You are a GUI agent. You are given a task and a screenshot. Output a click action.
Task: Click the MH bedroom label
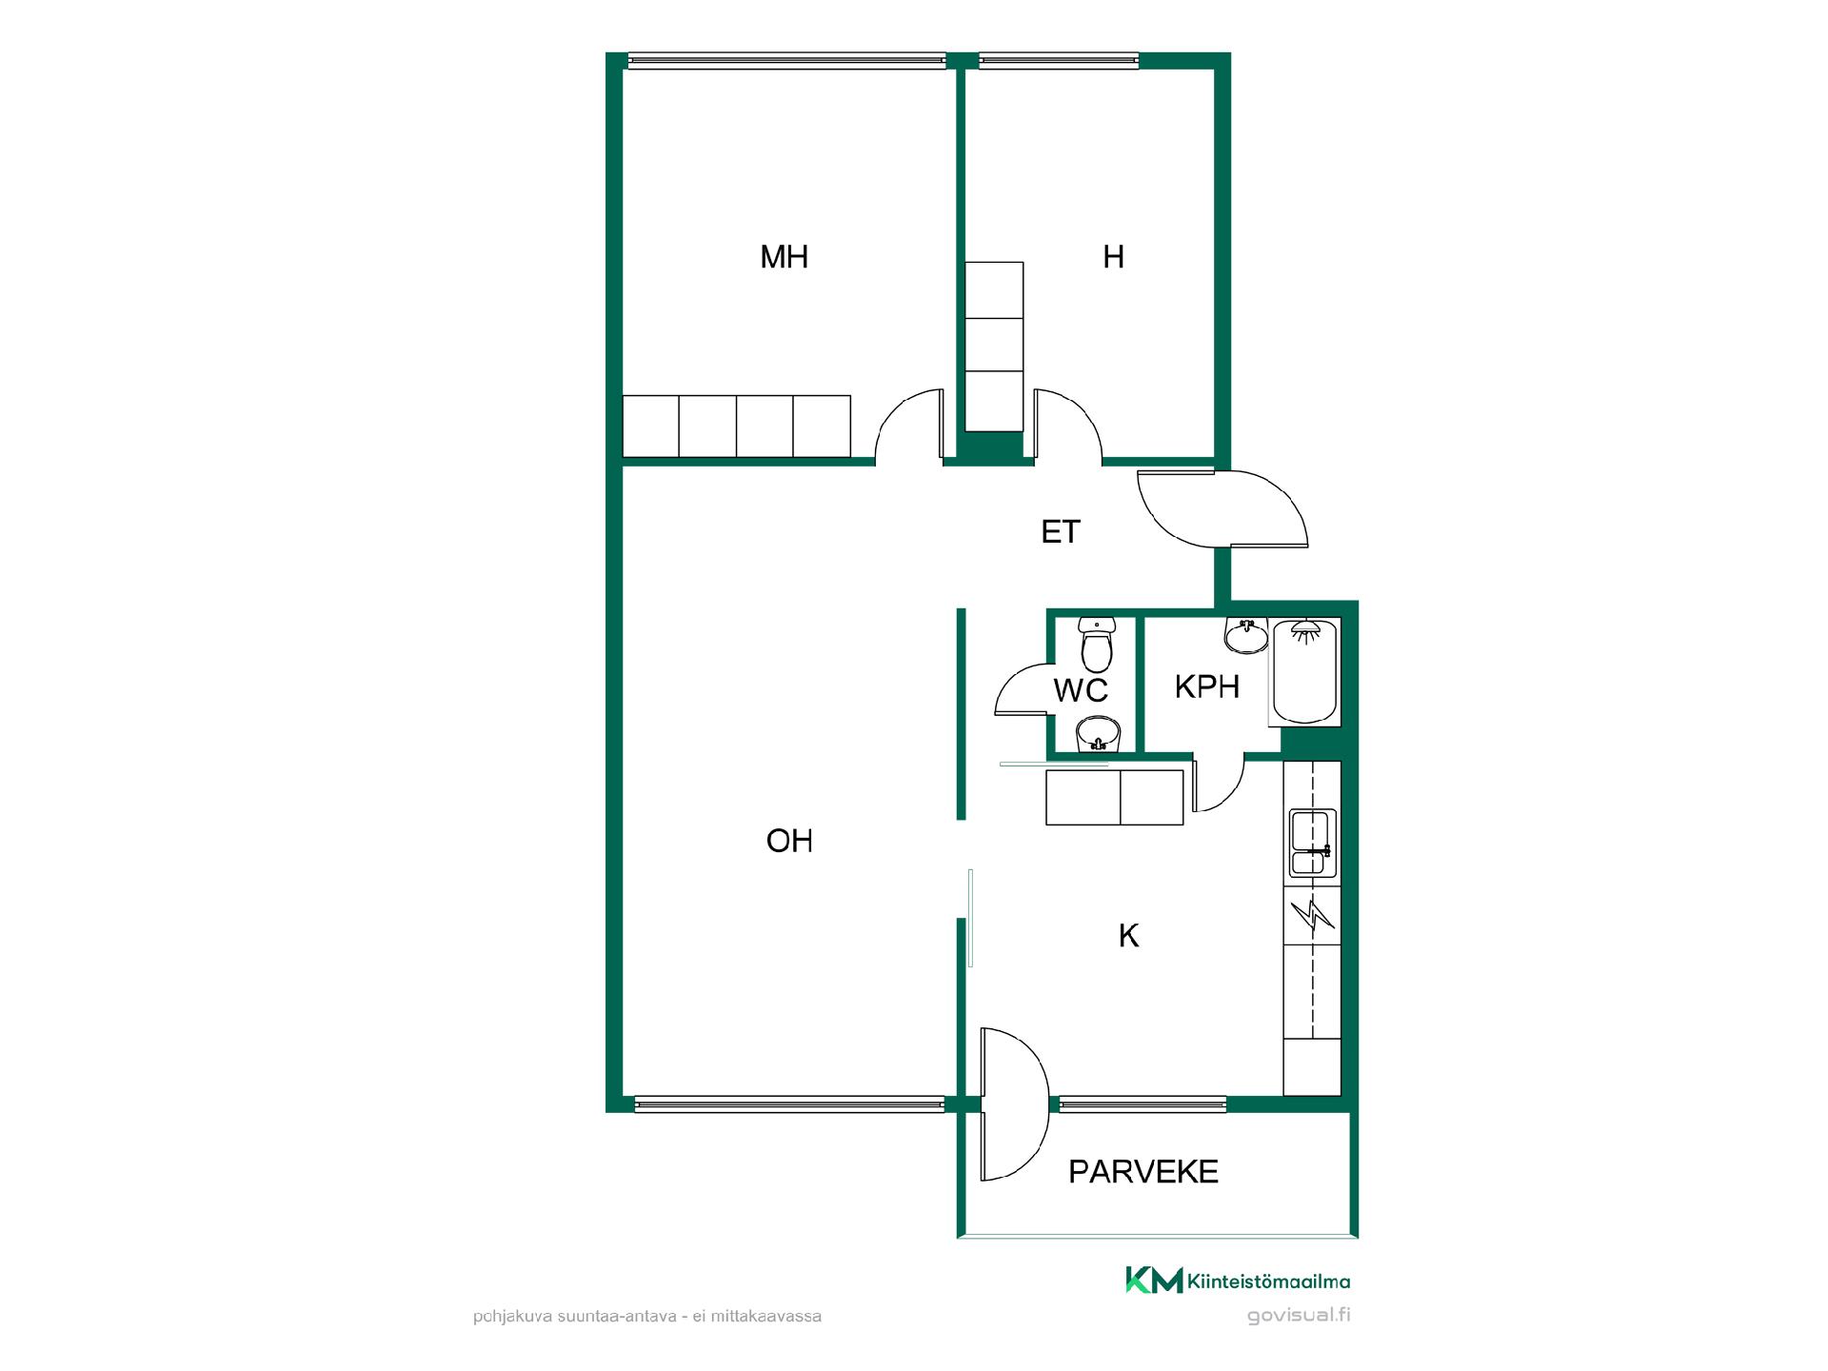pyautogui.click(x=784, y=257)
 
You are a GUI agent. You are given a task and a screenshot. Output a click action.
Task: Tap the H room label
pyautogui.click(x=1113, y=257)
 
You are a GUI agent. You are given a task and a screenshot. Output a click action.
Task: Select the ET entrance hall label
pyautogui.click(x=1061, y=531)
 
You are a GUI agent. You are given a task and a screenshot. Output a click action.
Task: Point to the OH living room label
pyautogui.click(x=789, y=841)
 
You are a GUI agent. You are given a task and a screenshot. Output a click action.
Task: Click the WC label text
pyautogui.click(x=1081, y=690)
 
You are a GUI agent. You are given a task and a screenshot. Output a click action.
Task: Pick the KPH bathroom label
pyautogui.click(x=1207, y=686)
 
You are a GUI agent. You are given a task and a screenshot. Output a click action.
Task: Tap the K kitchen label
pyautogui.click(x=1128, y=936)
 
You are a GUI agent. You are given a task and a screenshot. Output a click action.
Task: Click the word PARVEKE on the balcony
pyautogui.click(x=1143, y=1171)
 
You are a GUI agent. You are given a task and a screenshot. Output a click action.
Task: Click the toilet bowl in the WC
pyautogui.click(x=1097, y=645)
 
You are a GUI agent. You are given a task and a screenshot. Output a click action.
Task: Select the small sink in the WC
pyautogui.click(x=1100, y=735)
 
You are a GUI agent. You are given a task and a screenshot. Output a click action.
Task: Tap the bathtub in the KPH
pyautogui.click(x=1305, y=671)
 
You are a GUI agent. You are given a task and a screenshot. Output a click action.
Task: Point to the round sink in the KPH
pyautogui.click(x=1246, y=636)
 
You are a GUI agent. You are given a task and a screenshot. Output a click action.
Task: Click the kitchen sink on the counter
pyautogui.click(x=1312, y=843)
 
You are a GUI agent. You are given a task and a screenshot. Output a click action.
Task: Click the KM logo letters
pyautogui.click(x=1154, y=1281)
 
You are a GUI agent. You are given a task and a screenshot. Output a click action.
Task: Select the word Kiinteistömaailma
pyautogui.click(x=1268, y=1282)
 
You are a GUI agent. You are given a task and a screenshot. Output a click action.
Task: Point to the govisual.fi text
pyautogui.click(x=1299, y=1316)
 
